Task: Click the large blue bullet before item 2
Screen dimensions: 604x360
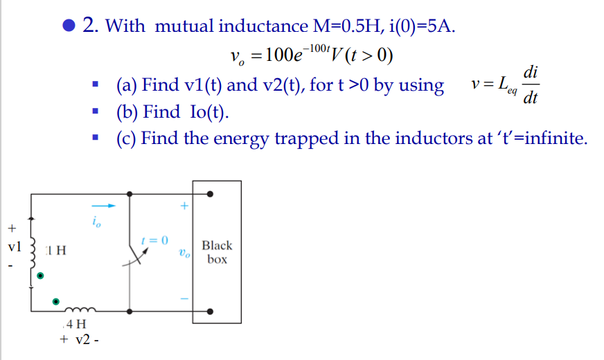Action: click(x=69, y=26)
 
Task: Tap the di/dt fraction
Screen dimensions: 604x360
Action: click(x=531, y=84)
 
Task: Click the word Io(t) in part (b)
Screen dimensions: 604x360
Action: click(x=209, y=111)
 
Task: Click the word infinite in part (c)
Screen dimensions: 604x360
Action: click(x=556, y=138)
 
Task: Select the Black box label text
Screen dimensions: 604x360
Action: click(x=217, y=252)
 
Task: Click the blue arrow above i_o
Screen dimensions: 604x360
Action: click(x=104, y=206)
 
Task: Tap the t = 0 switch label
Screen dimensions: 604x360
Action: click(x=154, y=240)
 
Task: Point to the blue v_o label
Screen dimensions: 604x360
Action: click(x=184, y=253)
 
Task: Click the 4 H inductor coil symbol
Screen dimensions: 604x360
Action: click(x=80, y=309)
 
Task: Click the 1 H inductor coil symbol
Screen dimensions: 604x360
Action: click(x=33, y=255)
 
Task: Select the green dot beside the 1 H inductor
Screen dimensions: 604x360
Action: click(x=40, y=276)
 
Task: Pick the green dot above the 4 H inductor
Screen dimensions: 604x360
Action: click(x=56, y=301)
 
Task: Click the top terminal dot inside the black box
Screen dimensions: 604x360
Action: click(x=210, y=194)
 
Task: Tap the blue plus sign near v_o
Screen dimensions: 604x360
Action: click(x=184, y=206)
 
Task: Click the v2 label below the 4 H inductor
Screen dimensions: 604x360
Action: click(x=82, y=340)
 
